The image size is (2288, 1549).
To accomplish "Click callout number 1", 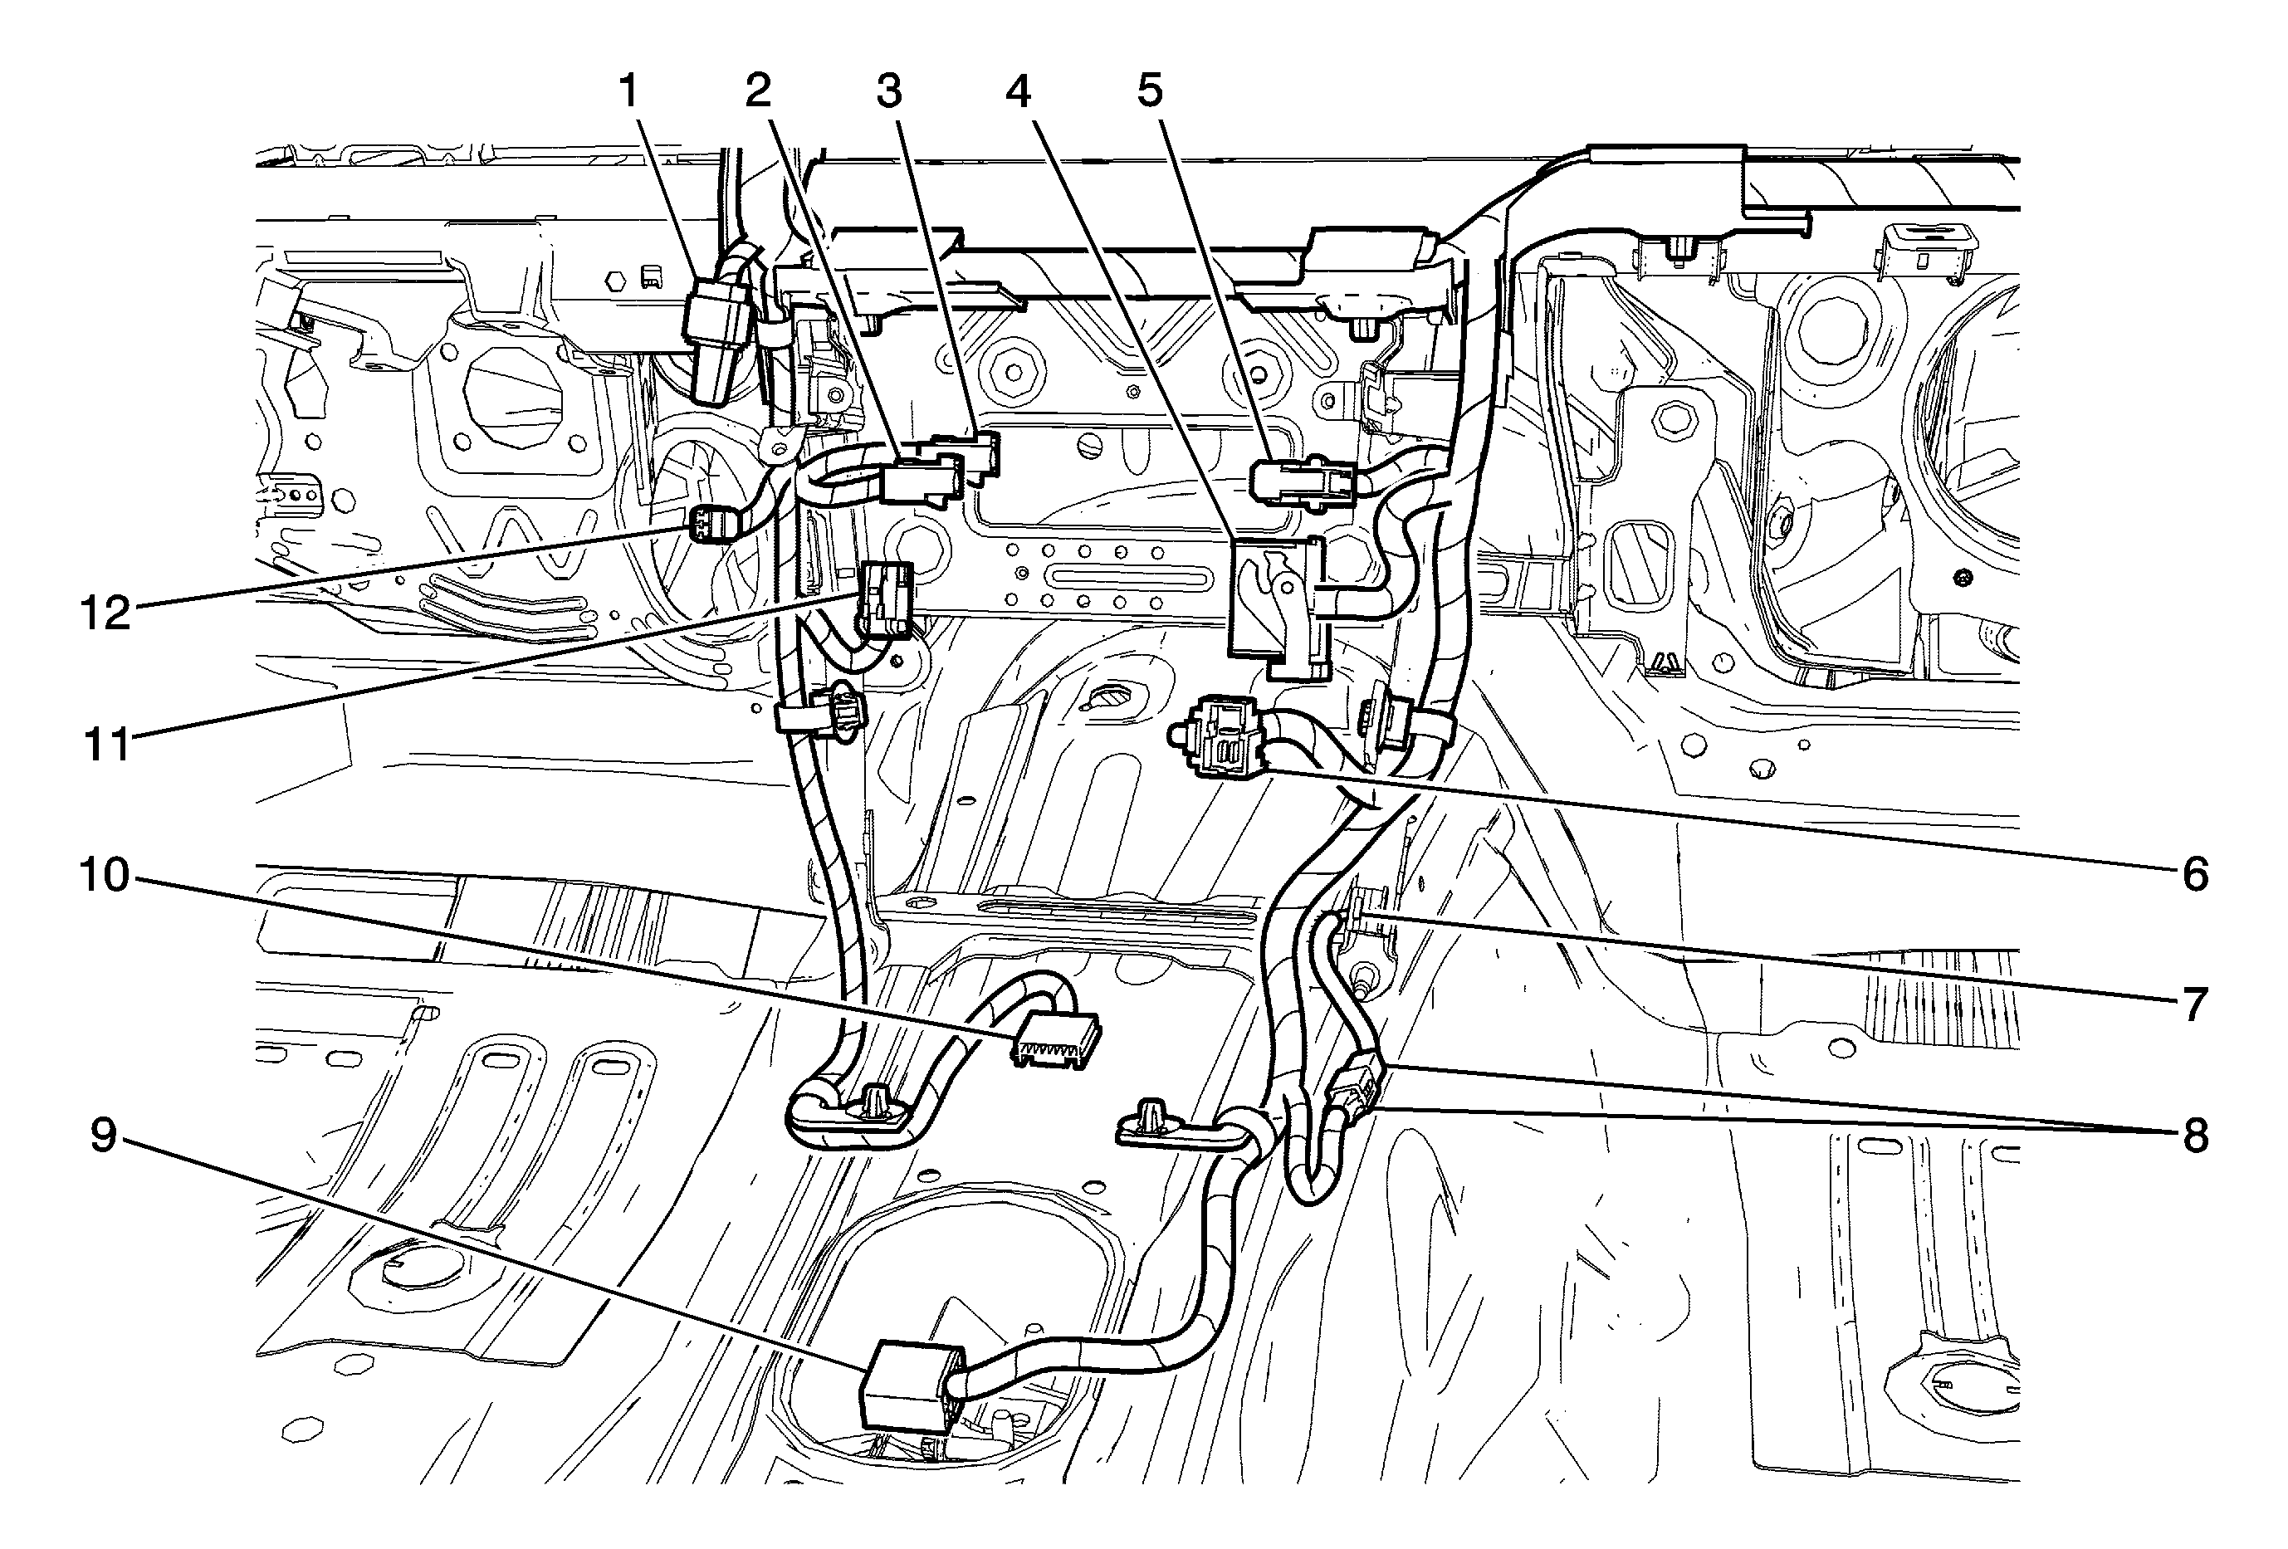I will click(x=628, y=92).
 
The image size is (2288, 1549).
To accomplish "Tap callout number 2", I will click(x=757, y=91).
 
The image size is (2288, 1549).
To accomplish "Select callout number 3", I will click(x=889, y=91).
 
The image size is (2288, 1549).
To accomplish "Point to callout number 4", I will click(x=1018, y=91).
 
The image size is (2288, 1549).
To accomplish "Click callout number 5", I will click(x=1150, y=91).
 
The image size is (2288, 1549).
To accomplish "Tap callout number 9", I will click(x=105, y=1136).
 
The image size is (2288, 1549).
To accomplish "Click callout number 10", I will click(x=105, y=874).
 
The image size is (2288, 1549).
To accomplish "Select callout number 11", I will click(x=106, y=745).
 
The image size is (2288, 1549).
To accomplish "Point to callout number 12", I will click(x=106, y=614).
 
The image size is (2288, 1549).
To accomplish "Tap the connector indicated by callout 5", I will click(x=1299, y=481).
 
